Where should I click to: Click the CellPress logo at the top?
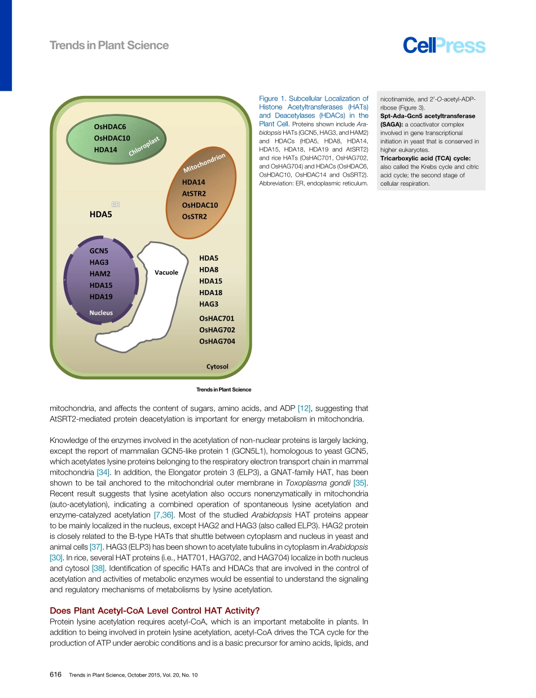pos(444,46)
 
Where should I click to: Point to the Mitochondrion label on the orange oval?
pos(204,163)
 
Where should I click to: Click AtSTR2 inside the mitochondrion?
pos(194,194)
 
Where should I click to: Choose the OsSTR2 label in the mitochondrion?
pos(194,217)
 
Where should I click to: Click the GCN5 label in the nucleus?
pos(99,251)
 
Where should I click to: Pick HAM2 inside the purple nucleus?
pos(100,274)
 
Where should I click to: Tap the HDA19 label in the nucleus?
pos(101,297)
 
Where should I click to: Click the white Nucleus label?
pos(101,313)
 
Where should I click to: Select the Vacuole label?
pos(166,273)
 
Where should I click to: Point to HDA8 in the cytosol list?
pos(209,270)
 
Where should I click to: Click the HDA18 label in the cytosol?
pos(210,293)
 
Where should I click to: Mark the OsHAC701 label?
pos(217,318)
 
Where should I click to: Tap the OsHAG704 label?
pos(217,341)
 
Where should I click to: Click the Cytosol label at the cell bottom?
pos(217,367)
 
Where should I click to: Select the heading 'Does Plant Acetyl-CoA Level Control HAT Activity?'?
pos(155,610)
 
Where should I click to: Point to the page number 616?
pos(55,675)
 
